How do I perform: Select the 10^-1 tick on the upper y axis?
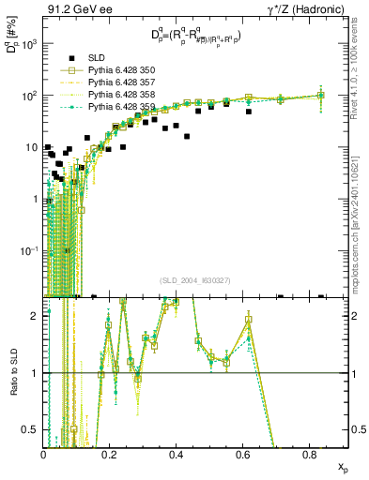tap(31, 251)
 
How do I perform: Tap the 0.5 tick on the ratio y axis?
tap(33, 429)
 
